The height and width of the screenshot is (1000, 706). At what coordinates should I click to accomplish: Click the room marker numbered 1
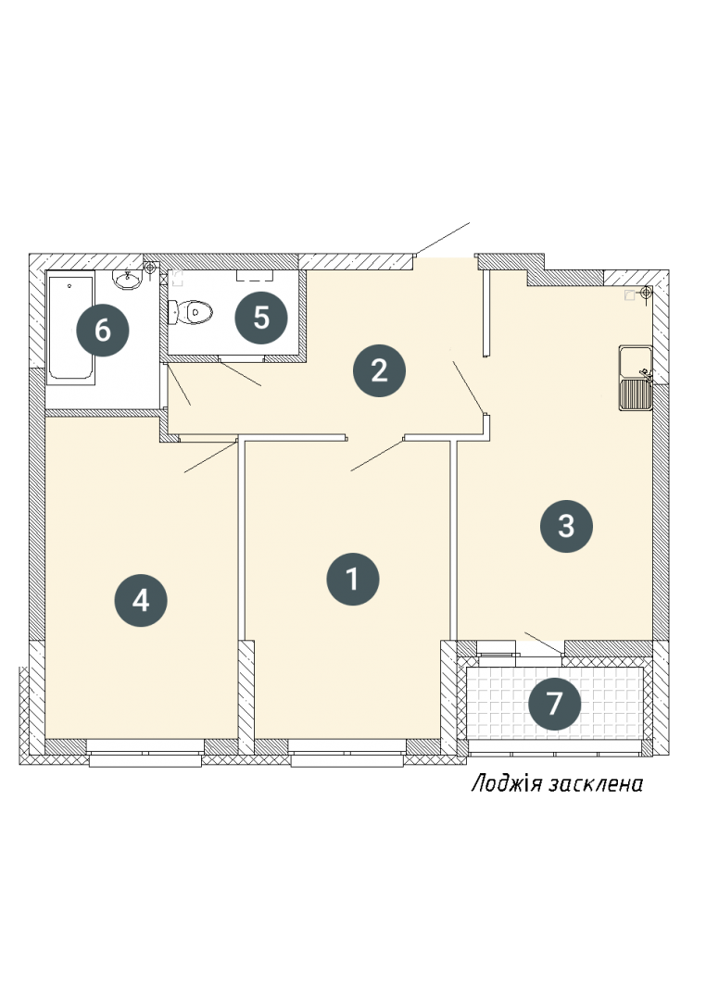[x=352, y=579]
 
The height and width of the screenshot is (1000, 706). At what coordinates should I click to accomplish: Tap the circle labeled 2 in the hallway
[x=379, y=370]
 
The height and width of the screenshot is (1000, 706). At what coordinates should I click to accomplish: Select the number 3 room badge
[x=566, y=526]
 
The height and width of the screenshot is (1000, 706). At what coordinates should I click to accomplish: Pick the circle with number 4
[x=141, y=600]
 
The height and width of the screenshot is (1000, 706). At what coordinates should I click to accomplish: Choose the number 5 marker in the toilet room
[x=261, y=317]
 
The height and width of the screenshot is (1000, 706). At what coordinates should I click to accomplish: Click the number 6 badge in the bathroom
[x=103, y=331]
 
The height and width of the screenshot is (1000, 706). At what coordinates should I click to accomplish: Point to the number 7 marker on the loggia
[x=555, y=704]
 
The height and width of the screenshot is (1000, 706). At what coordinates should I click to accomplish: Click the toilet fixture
[x=190, y=312]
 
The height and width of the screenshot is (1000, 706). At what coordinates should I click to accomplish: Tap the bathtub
[x=71, y=327]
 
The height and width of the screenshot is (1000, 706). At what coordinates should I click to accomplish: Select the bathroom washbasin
[x=128, y=279]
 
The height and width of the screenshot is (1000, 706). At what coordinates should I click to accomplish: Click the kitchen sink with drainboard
[x=636, y=378]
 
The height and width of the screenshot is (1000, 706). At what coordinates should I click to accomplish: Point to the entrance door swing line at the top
[x=442, y=239]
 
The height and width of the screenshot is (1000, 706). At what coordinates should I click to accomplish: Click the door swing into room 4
[x=210, y=456]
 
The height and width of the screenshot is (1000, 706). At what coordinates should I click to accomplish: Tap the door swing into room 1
[x=377, y=456]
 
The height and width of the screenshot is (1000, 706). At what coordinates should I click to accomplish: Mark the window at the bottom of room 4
[x=145, y=753]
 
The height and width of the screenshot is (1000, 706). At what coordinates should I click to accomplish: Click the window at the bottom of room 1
[x=347, y=753]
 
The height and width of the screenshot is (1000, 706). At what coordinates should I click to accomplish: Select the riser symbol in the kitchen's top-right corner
[x=646, y=293]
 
